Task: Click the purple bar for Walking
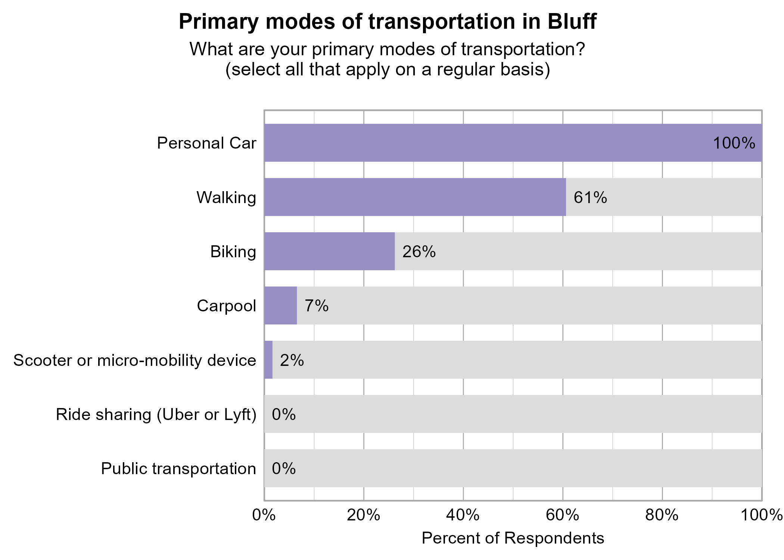[414, 197]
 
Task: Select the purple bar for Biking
[329, 251]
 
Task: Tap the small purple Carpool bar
[280, 305]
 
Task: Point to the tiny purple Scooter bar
[268, 360]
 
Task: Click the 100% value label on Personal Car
[734, 143]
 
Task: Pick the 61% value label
[590, 197]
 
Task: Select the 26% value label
[419, 252]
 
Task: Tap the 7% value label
[316, 306]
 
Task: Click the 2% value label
[292, 360]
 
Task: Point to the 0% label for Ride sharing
[283, 415]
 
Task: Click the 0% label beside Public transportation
[283, 469]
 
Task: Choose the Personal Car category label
[206, 143]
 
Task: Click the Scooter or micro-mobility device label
[134, 361]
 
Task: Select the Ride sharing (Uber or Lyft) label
[156, 415]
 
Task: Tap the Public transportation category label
[178, 469]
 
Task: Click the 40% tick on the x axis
[463, 516]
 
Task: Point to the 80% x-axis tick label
[662, 516]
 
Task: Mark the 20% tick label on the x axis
[363, 516]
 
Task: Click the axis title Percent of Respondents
[513, 538]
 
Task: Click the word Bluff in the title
[572, 22]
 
